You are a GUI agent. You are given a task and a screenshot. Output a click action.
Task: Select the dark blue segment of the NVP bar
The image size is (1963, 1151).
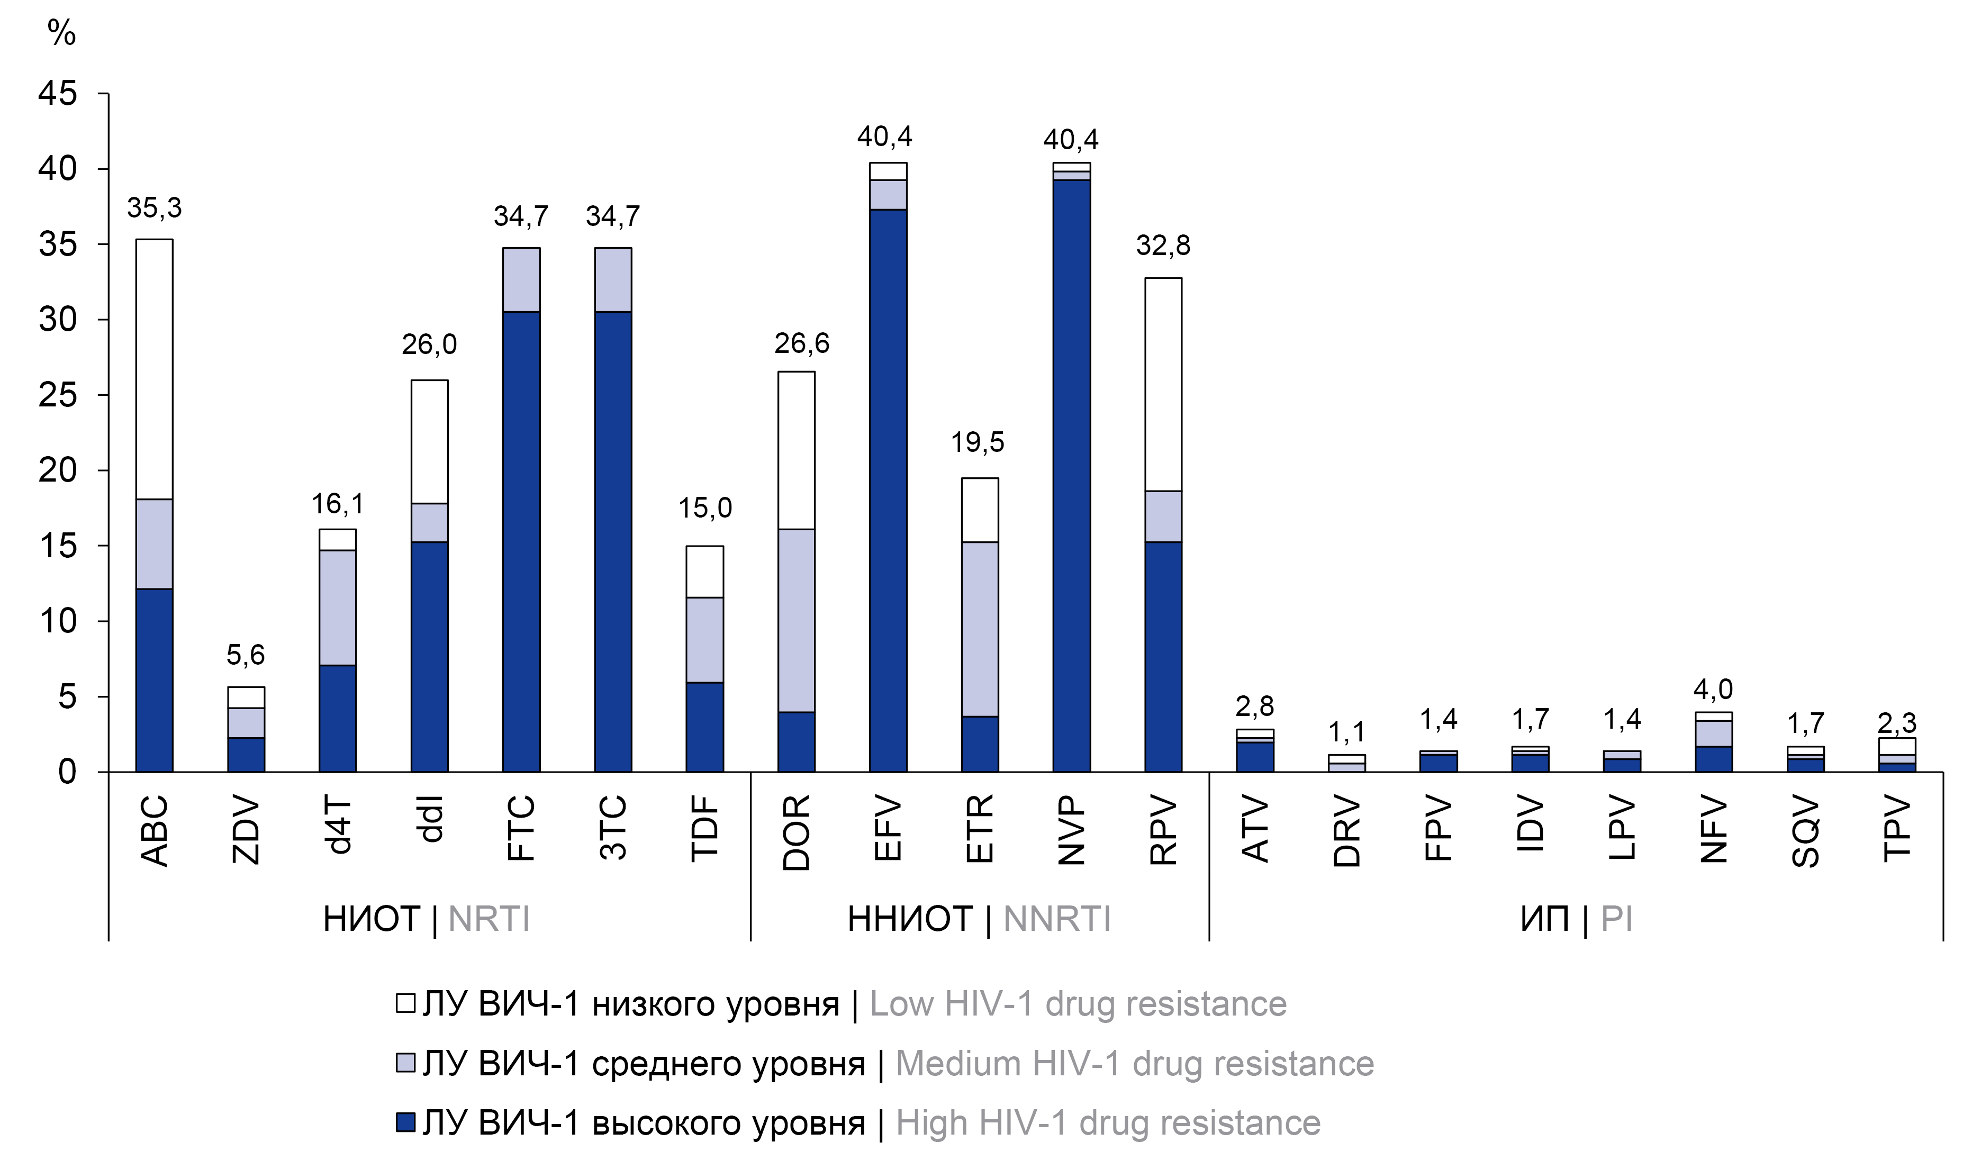[1071, 475]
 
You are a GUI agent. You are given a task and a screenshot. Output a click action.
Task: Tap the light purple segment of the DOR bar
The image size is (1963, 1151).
[796, 621]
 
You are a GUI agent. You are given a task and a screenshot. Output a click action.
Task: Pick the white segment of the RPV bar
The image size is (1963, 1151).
[1163, 384]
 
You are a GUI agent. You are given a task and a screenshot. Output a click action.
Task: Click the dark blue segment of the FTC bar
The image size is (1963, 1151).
[521, 541]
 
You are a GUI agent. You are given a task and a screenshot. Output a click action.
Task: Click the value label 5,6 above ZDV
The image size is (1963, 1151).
[246, 655]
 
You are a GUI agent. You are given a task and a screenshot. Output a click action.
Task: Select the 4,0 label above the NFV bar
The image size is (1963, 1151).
[1713, 689]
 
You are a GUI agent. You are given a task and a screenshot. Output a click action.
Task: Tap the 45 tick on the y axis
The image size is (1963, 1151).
[58, 94]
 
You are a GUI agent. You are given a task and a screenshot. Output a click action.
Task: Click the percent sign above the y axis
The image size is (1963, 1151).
[61, 33]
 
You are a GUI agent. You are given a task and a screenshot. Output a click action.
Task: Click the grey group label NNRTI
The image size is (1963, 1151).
[1056, 919]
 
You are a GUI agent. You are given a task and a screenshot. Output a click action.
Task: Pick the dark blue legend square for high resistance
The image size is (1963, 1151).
[405, 1122]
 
